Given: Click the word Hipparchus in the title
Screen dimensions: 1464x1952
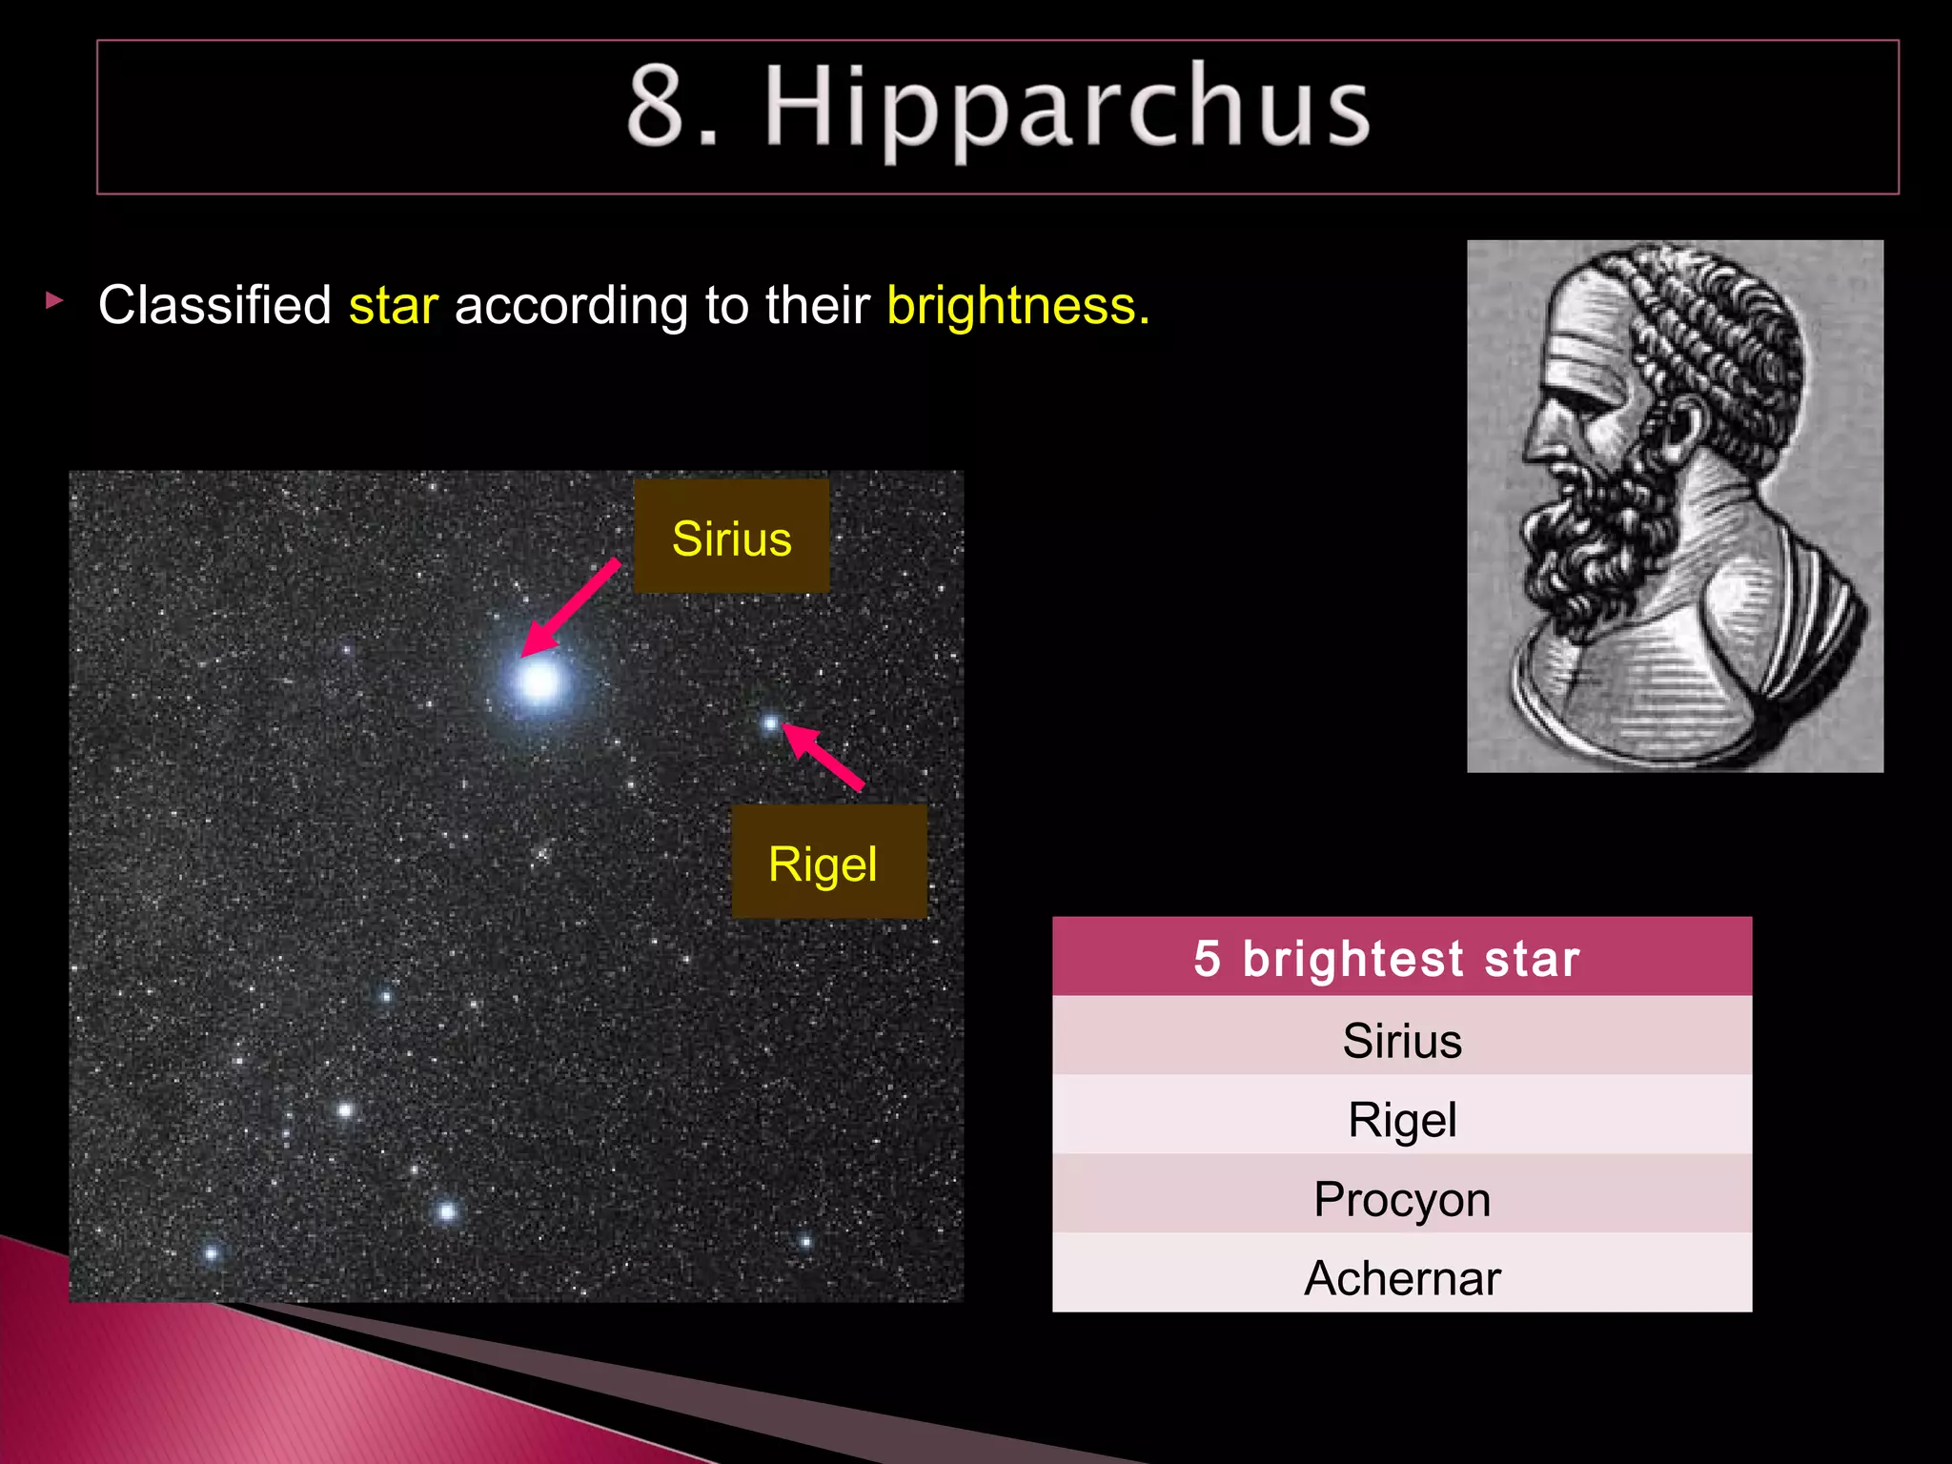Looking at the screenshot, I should coord(1067,107).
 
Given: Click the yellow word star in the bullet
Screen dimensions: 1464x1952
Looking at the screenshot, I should coord(393,306).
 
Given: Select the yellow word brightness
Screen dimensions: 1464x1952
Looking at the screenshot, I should coord(1017,306).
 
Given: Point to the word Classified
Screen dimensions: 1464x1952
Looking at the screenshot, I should coord(214,306).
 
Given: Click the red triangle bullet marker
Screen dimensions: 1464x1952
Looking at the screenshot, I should coord(54,301).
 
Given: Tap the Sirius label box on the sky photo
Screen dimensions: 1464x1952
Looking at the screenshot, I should coord(731,538).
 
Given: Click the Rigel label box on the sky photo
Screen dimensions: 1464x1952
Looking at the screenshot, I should coord(827,862).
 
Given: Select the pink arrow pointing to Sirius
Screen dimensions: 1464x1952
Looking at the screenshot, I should coord(570,608).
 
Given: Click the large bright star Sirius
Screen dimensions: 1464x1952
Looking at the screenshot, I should coord(540,681).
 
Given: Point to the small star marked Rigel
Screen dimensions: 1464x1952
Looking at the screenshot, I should coord(770,724).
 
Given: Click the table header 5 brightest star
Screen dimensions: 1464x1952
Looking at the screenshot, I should coord(1401,958).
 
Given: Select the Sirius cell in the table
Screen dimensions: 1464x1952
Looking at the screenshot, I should coord(1401,1039).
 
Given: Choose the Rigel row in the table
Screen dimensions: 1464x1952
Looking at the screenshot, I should coord(1401,1118).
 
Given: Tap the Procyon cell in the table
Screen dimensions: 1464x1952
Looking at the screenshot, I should coord(1401,1198).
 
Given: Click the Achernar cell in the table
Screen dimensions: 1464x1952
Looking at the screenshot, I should coord(1401,1277).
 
